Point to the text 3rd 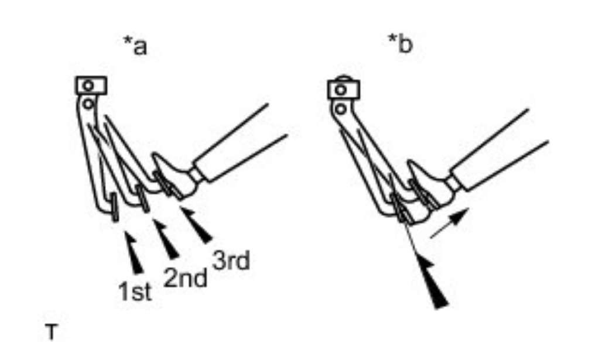[231, 262]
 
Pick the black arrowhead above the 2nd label [166, 239]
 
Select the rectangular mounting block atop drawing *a [90, 85]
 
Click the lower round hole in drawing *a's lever [87, 104]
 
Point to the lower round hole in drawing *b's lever [339, 109]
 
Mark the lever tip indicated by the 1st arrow [114, 210]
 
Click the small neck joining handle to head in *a [196, 172]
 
